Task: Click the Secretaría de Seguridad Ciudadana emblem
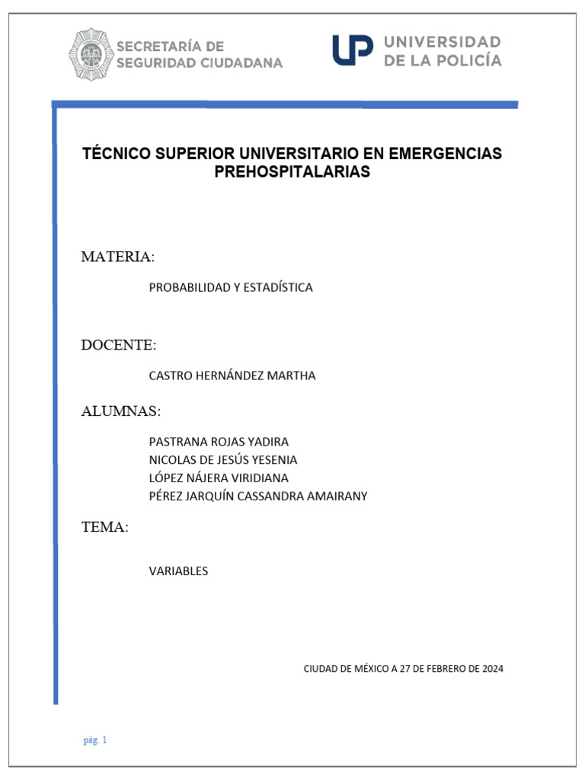[x=91, y=54]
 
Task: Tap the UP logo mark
[x=352, y=50]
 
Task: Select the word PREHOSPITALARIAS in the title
[x=292, y=172]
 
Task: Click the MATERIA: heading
[x=117, y=257]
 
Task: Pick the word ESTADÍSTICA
[x=276, y=288]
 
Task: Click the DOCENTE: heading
[x=119, y=345]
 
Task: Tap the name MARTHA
[x=290, y=376]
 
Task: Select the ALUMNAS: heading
[x=121, y=411]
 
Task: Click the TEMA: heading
[x=104, y=527]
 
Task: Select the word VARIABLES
[x=178, y=571]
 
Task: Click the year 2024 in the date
[x=491, y=669]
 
